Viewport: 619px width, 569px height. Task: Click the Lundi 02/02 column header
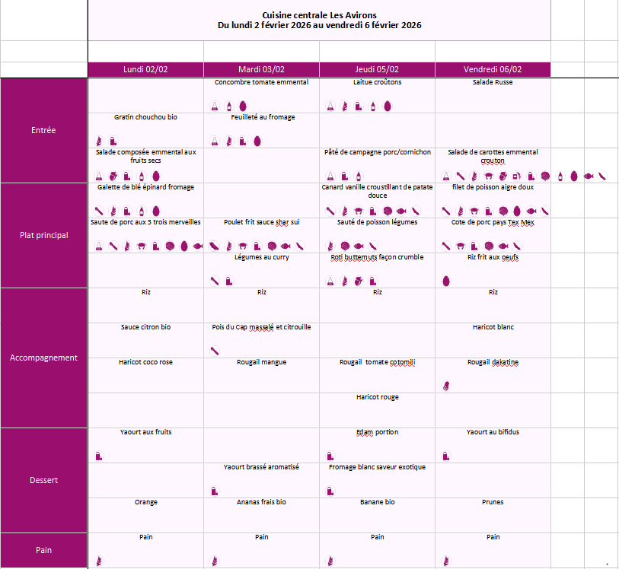click(x=145, y=69)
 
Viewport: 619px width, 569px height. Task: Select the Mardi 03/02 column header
click(x=261, y=69)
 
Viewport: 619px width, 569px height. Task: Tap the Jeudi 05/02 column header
click(x=377, y=69)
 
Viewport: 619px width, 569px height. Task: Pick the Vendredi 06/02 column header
click(x=493, y=69)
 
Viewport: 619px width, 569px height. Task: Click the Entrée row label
click(x=43, y=130)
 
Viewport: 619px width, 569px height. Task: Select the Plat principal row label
click(x=43, y=235)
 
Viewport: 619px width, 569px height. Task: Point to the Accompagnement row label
click(x=43, y=358)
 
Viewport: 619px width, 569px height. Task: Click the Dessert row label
click(x=43, y=480)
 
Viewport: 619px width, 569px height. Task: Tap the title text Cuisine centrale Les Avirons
click(x=319, y=15)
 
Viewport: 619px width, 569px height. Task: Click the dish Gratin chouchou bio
click(x=145, y=117)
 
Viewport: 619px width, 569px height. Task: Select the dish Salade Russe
click(x=493, y=82)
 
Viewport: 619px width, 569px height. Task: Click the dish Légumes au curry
click(x=261, y=257)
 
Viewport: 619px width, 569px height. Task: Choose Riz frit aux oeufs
click(x=493, y=257)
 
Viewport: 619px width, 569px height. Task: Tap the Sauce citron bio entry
click(x=145, y=327)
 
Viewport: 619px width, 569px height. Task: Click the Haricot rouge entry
click(x=377, y=397)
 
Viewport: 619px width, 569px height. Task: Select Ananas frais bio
click(x=261, y=502)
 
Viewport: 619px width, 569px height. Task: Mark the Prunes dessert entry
click(x=493, y=502)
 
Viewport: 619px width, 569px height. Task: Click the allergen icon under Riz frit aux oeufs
click(x=445, y=281)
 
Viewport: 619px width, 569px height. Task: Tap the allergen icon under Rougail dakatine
click(x=445, y=386)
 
